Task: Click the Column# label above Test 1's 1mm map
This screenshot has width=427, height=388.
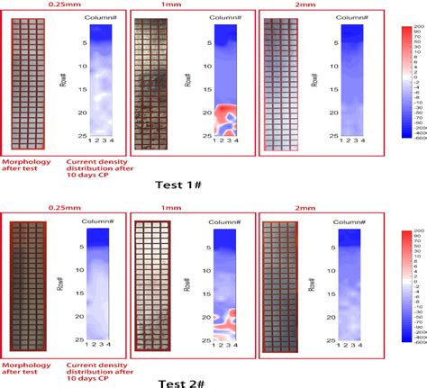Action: tap(228, 17)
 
